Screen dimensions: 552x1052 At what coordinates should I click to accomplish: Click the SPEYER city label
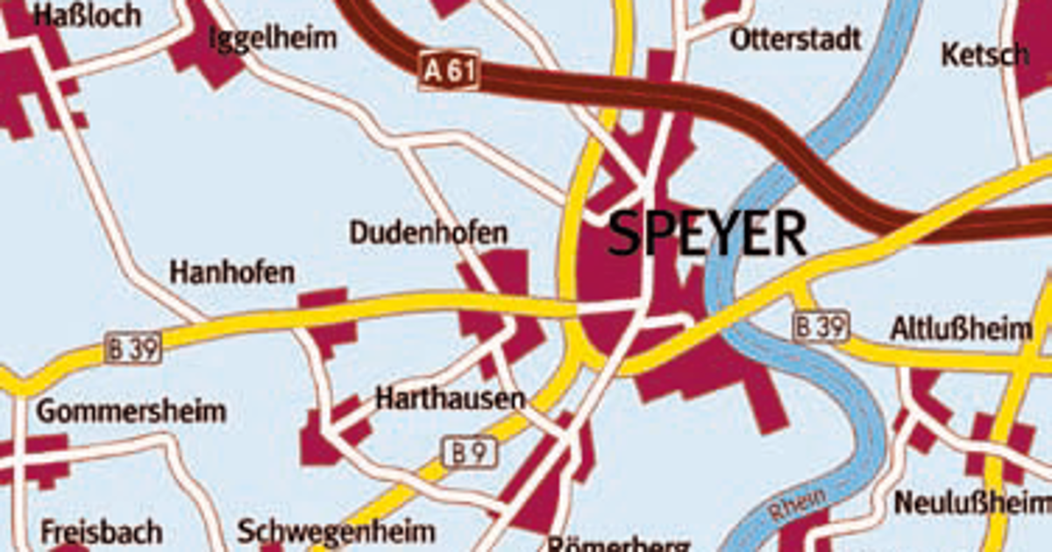coord(707,234)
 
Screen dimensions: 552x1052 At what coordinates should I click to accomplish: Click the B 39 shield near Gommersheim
coord(133,349)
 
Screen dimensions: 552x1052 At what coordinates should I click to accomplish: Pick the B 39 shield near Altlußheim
coord(822,327)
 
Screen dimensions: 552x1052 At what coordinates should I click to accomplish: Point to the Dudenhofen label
coord(428,234)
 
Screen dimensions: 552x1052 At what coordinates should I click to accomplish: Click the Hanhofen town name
coord(232,272)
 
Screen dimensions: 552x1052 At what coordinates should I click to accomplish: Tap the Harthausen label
coord(450,399)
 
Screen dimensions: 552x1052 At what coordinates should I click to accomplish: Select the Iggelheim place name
coord(273,38)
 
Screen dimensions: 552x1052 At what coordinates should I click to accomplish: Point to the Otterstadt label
coord(796,39)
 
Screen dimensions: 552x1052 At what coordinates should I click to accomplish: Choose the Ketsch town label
coord(985,54)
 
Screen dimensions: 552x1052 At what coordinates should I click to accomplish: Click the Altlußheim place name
coord(961,329)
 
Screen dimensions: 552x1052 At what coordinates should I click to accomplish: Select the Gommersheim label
coord(131,411)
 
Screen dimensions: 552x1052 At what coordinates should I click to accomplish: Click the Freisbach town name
coord(102,532)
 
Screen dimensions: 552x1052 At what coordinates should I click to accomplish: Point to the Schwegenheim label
coord(337,531)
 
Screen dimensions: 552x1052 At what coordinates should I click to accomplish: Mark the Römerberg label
coord(619,543)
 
